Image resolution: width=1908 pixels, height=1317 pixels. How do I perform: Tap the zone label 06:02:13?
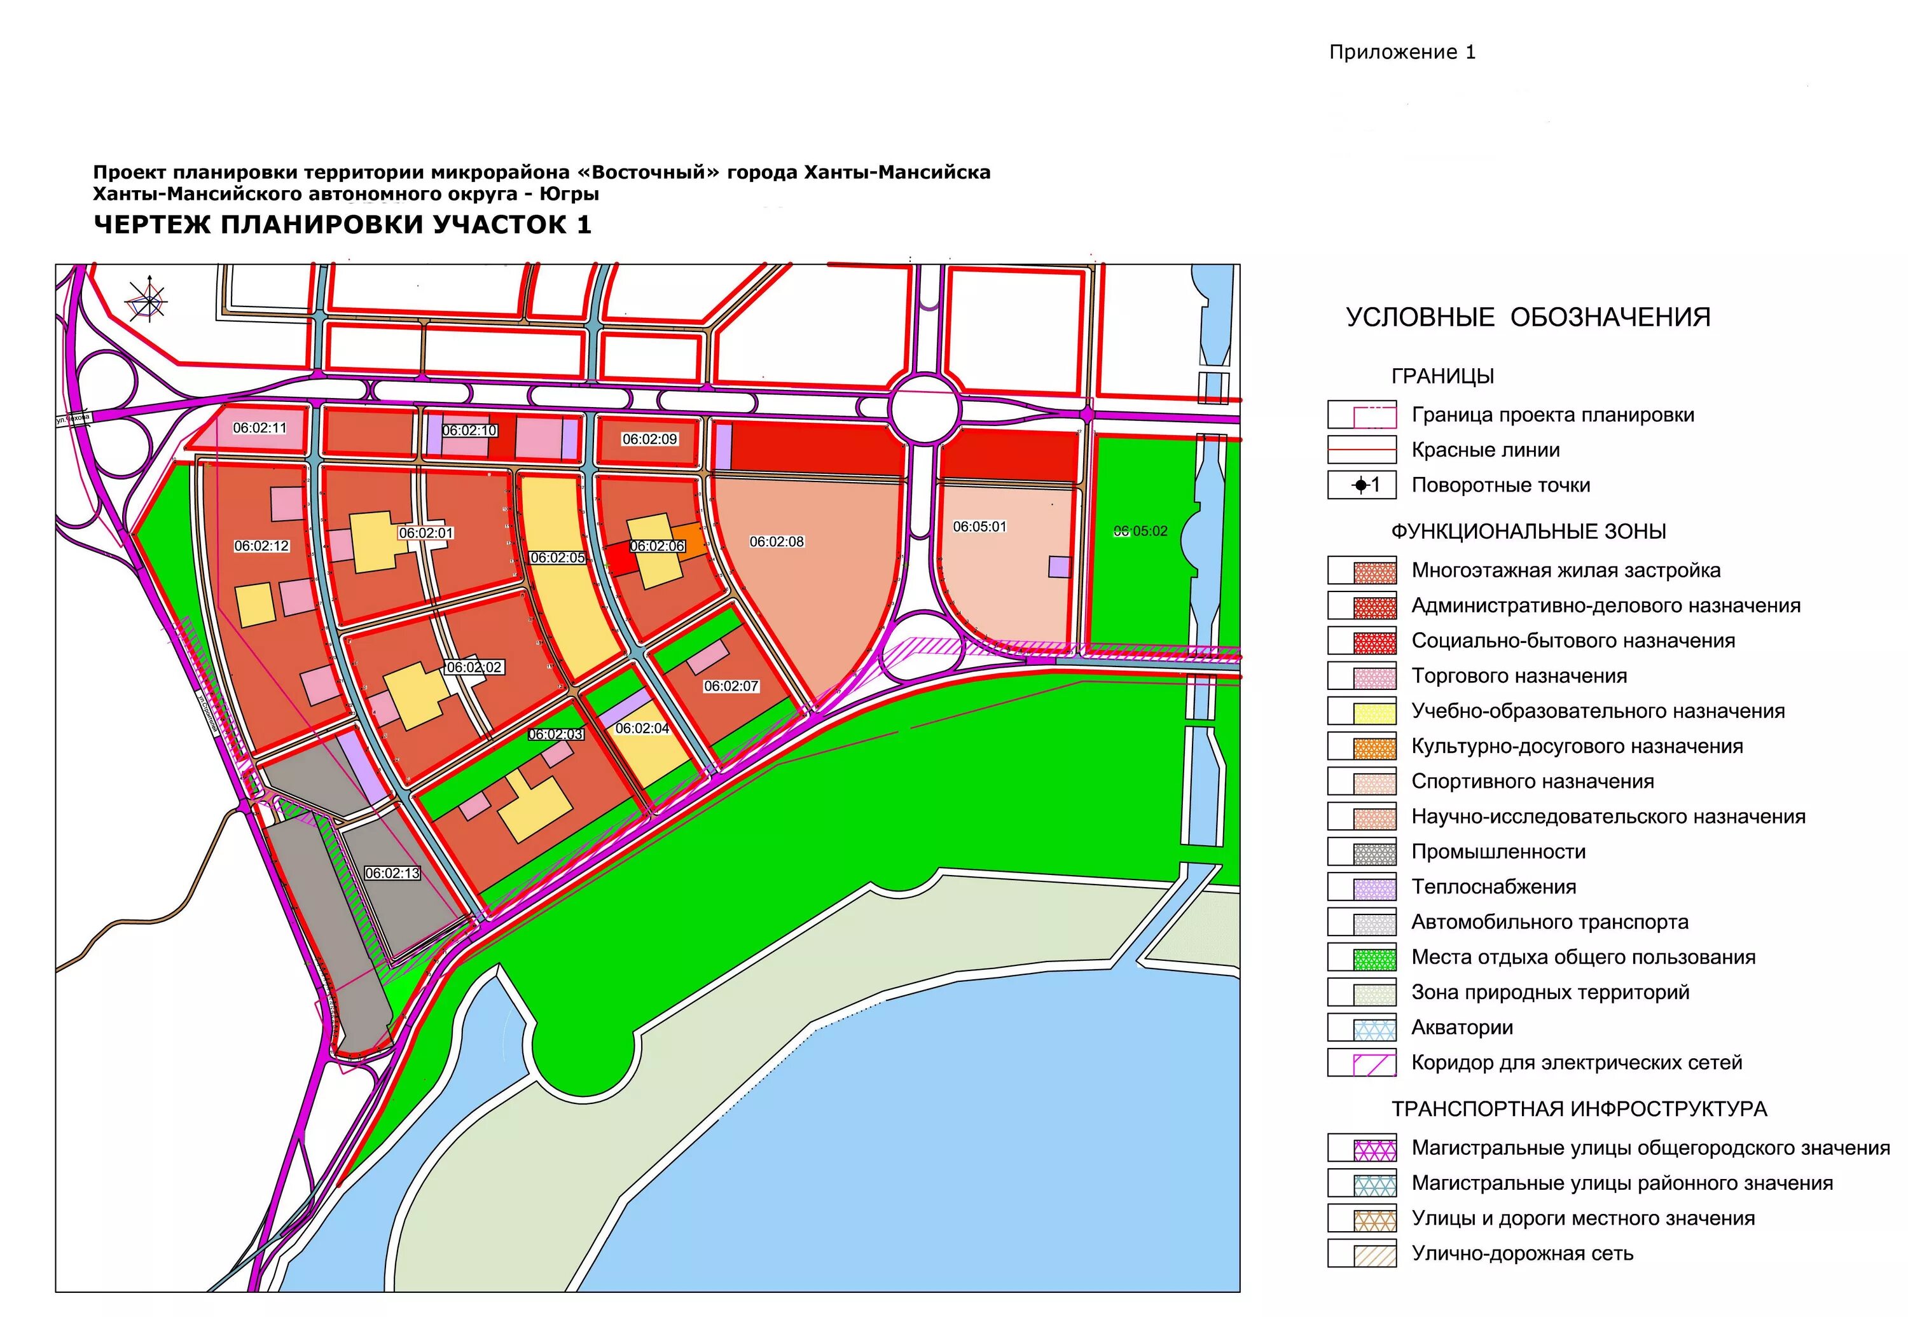point(392,873)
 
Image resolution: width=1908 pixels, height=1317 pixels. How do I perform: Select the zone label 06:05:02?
point(1140,530)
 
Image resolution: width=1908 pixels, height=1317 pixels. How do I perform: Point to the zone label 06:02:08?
point(777,541)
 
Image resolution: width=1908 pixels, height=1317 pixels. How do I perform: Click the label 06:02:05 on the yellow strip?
point(558,558)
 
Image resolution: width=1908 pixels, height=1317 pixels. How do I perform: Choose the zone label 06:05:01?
point(979,526)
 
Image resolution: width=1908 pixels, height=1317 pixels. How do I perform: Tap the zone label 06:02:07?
point(731,686)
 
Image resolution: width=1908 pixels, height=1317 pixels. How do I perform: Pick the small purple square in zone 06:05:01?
point(1060,566)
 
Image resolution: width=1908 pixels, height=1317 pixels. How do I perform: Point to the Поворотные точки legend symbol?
point(1362,485)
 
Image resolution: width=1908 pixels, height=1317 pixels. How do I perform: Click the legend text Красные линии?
point(1486,450)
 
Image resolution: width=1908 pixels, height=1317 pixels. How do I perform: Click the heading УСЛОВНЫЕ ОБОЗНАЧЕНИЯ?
point(1528,317)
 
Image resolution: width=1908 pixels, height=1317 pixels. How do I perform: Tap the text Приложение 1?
point(1401,52)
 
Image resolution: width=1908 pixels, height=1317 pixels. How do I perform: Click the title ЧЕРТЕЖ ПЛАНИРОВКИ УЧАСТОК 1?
point(342,224)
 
